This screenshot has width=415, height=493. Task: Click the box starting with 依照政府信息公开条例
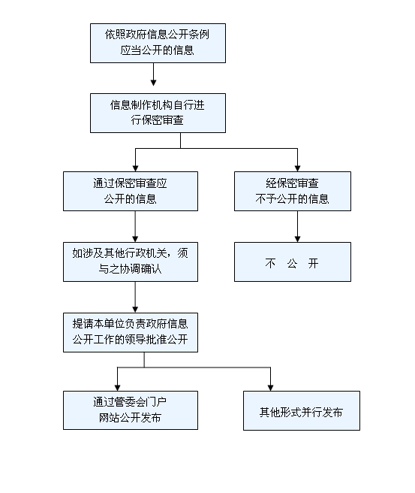tap(158, 43)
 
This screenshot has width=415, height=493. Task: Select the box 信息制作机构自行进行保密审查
tap(158, 113)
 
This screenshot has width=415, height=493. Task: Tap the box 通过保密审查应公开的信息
tap(131, 191)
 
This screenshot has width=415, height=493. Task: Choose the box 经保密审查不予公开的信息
tap(293, 191)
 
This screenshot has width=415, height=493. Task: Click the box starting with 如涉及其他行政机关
tap(131, 262)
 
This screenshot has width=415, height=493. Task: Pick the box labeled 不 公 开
tap(293, 262)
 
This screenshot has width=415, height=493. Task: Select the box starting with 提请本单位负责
tap(131, 332)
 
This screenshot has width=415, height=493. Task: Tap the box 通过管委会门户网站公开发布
tap(131, 410)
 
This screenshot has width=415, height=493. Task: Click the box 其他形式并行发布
tap(302, 410)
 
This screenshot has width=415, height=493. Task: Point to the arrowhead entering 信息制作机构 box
tap(154, 83)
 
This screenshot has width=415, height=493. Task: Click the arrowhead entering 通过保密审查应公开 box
tap(135, 168)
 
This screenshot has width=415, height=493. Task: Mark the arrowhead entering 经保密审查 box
tap(298, 168)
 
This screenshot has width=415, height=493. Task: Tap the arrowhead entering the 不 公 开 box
tap(298, 239)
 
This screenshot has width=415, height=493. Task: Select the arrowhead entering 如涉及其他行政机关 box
tap(135, 239)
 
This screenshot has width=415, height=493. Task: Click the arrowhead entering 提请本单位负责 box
tap(135, 310)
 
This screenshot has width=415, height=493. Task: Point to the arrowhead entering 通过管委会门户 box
tap(117, 388)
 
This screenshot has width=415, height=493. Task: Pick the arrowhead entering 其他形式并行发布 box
tap(271, 388)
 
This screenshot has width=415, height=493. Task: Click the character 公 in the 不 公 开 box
tap(292, 264)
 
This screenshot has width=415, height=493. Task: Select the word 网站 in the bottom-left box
tap(110, 418)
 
